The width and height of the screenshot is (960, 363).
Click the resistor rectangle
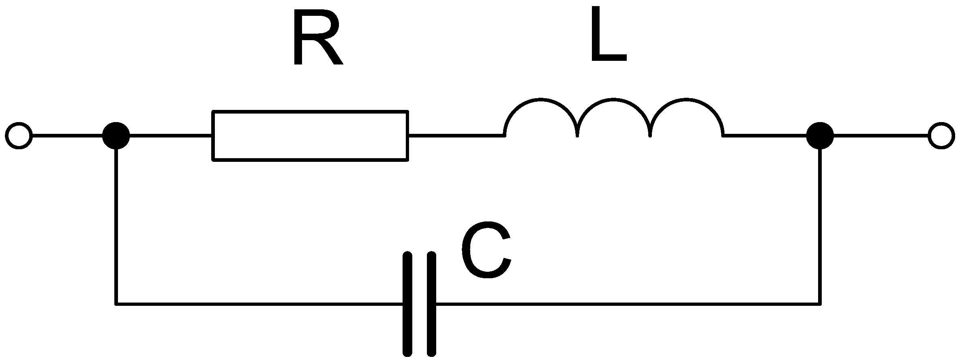click(x=310, y=135)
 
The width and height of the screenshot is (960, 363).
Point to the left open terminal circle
click(x=19, y=135)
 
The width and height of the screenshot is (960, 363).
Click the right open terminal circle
click(x=941, y=135)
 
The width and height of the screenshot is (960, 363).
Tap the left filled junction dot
click(x=116, y=135)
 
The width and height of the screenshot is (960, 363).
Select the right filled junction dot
click(x=820, y=135)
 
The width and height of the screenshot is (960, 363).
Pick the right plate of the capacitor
click(x=432, y=304)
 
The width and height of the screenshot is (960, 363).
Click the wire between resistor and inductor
click(x=456, y=135)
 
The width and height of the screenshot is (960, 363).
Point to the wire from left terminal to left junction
click(x=67, y=135)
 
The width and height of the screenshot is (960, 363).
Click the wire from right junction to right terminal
click(x=880, y=135)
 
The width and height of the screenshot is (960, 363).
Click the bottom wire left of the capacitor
click(x=259, y=303)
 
